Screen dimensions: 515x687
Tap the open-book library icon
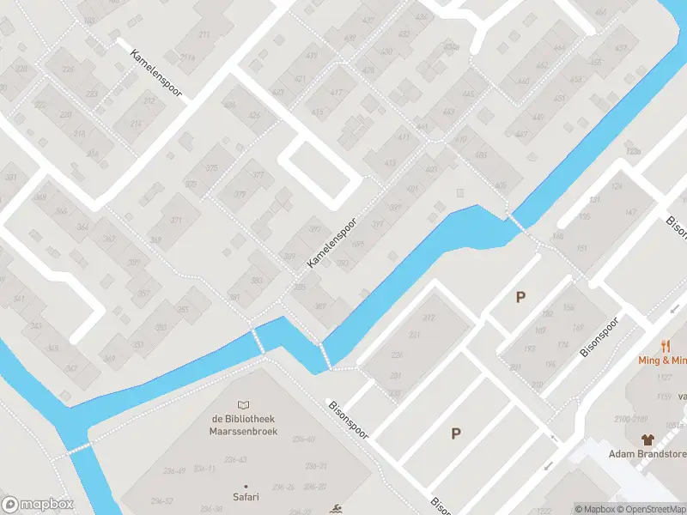245,405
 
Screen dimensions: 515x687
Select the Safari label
245,496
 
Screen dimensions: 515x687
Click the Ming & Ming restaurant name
662,360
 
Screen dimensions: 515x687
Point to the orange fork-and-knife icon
666,346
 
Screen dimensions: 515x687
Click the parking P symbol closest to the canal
520,298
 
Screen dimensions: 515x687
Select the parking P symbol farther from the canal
455,433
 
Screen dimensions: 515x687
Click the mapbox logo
37,505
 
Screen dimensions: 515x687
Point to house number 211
204,34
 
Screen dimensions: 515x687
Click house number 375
211,168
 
